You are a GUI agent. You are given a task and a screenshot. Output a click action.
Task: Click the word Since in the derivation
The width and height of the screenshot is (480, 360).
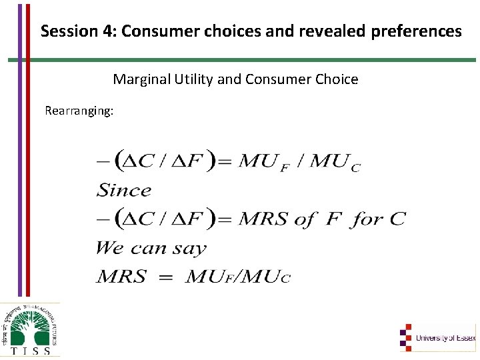pyautogui.click(x=125, y=190)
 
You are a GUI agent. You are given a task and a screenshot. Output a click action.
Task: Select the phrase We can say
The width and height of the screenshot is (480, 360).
pyautogui.click(x=151, y=248)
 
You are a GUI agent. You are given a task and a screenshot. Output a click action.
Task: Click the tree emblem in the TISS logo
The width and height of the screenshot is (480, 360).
pyautogui.click(x=31, y=323)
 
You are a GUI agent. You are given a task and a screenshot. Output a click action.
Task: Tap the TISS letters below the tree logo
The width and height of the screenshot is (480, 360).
pyautogui.click(x=31, y=350)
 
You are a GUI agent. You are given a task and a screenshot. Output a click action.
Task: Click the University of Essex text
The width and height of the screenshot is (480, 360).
pyautogui.click(x=445, y=338)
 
